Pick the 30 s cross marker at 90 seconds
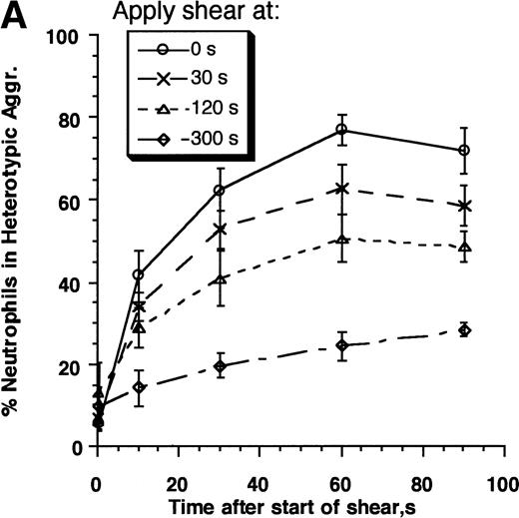tap(464, 206)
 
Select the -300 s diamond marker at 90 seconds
tap(464, 330)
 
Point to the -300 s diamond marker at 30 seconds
tap(220, 366)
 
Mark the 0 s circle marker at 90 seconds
tap(464, 151)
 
